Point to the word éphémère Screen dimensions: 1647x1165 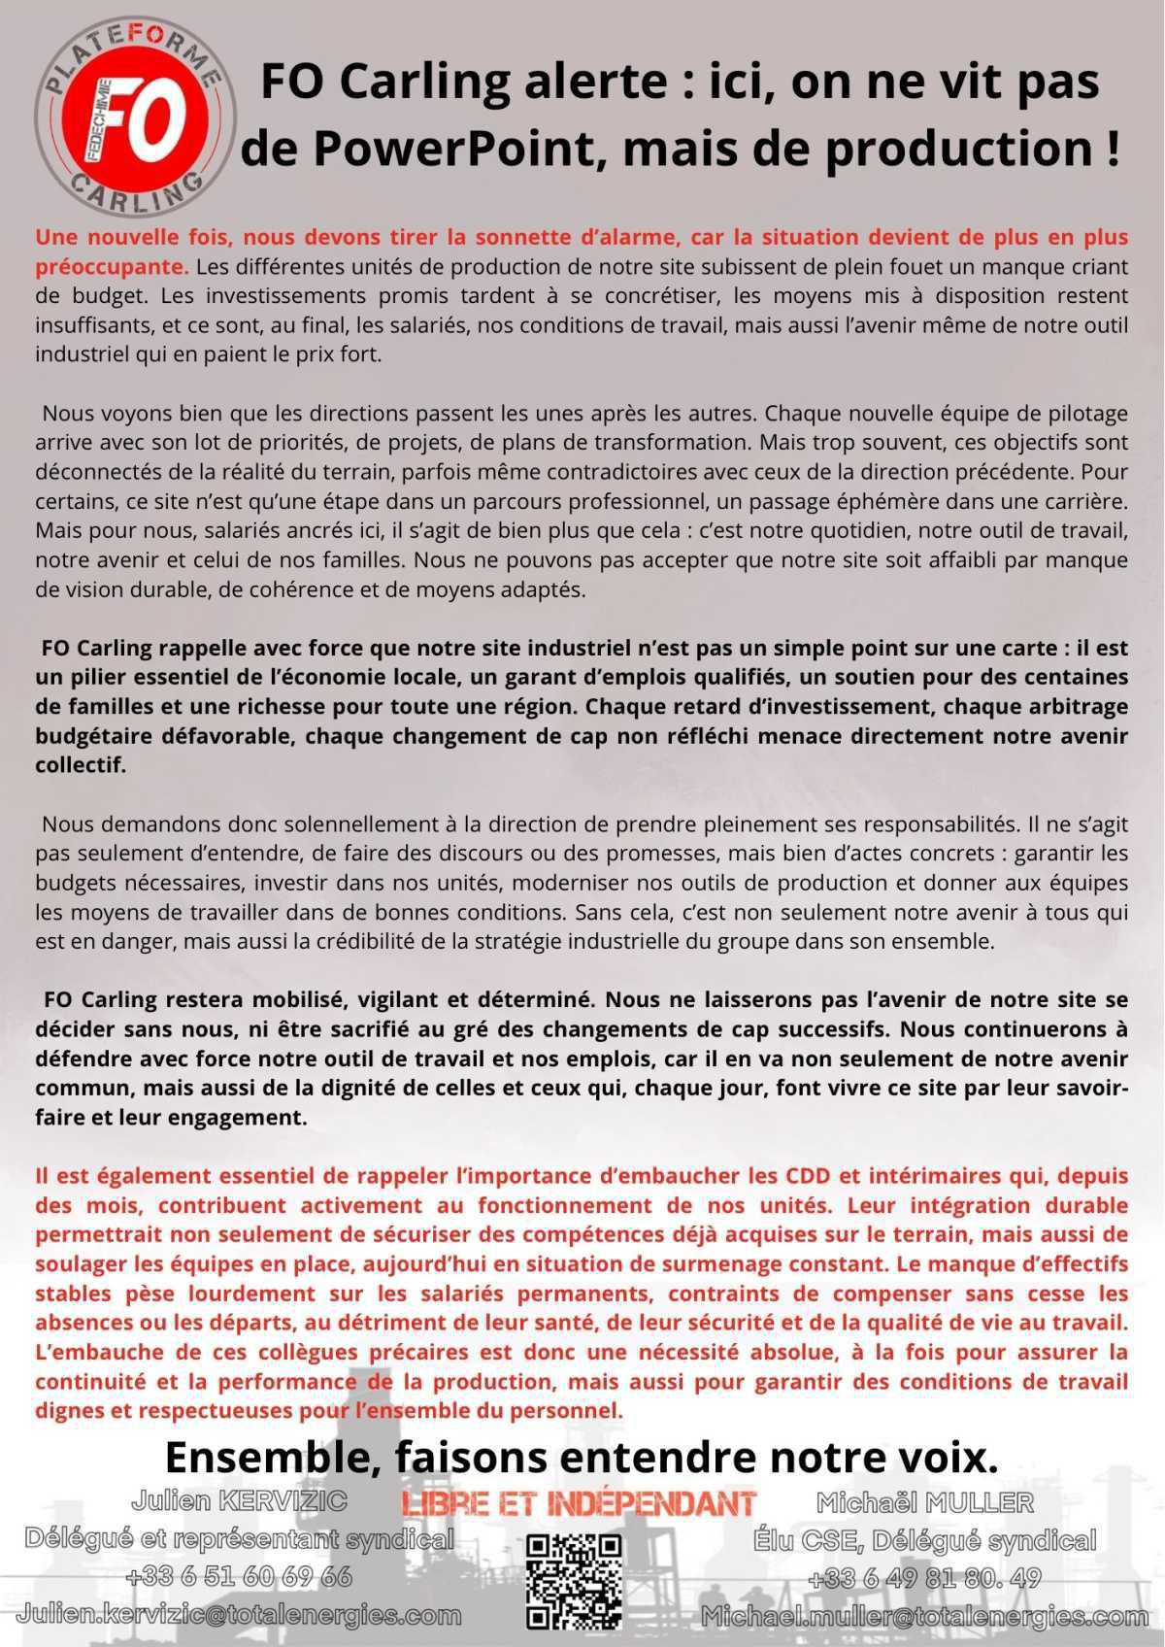(x=868, y=502)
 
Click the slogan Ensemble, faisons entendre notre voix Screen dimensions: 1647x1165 (x=581, y=1458)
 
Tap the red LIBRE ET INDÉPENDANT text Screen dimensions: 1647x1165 (x=579, y=1503)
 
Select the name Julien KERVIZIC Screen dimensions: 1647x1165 (x=239, y=1501)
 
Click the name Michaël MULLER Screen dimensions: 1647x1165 (x=924, y=1503)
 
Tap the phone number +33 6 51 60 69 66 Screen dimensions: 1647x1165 (x=239, y=1576)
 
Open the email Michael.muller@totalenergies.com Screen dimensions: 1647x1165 (x=924, y=1617)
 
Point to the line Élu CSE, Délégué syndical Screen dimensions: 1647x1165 (x=924, y=1540)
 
